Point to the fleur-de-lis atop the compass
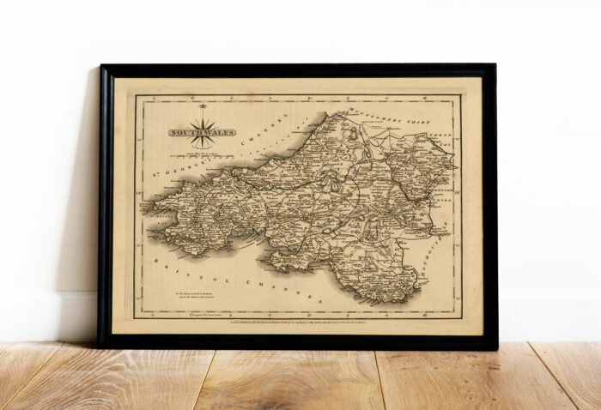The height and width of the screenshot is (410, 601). (203, 108)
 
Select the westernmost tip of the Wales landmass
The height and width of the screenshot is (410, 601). (143, 206)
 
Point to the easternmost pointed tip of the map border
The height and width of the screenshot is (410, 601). (455, 164)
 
